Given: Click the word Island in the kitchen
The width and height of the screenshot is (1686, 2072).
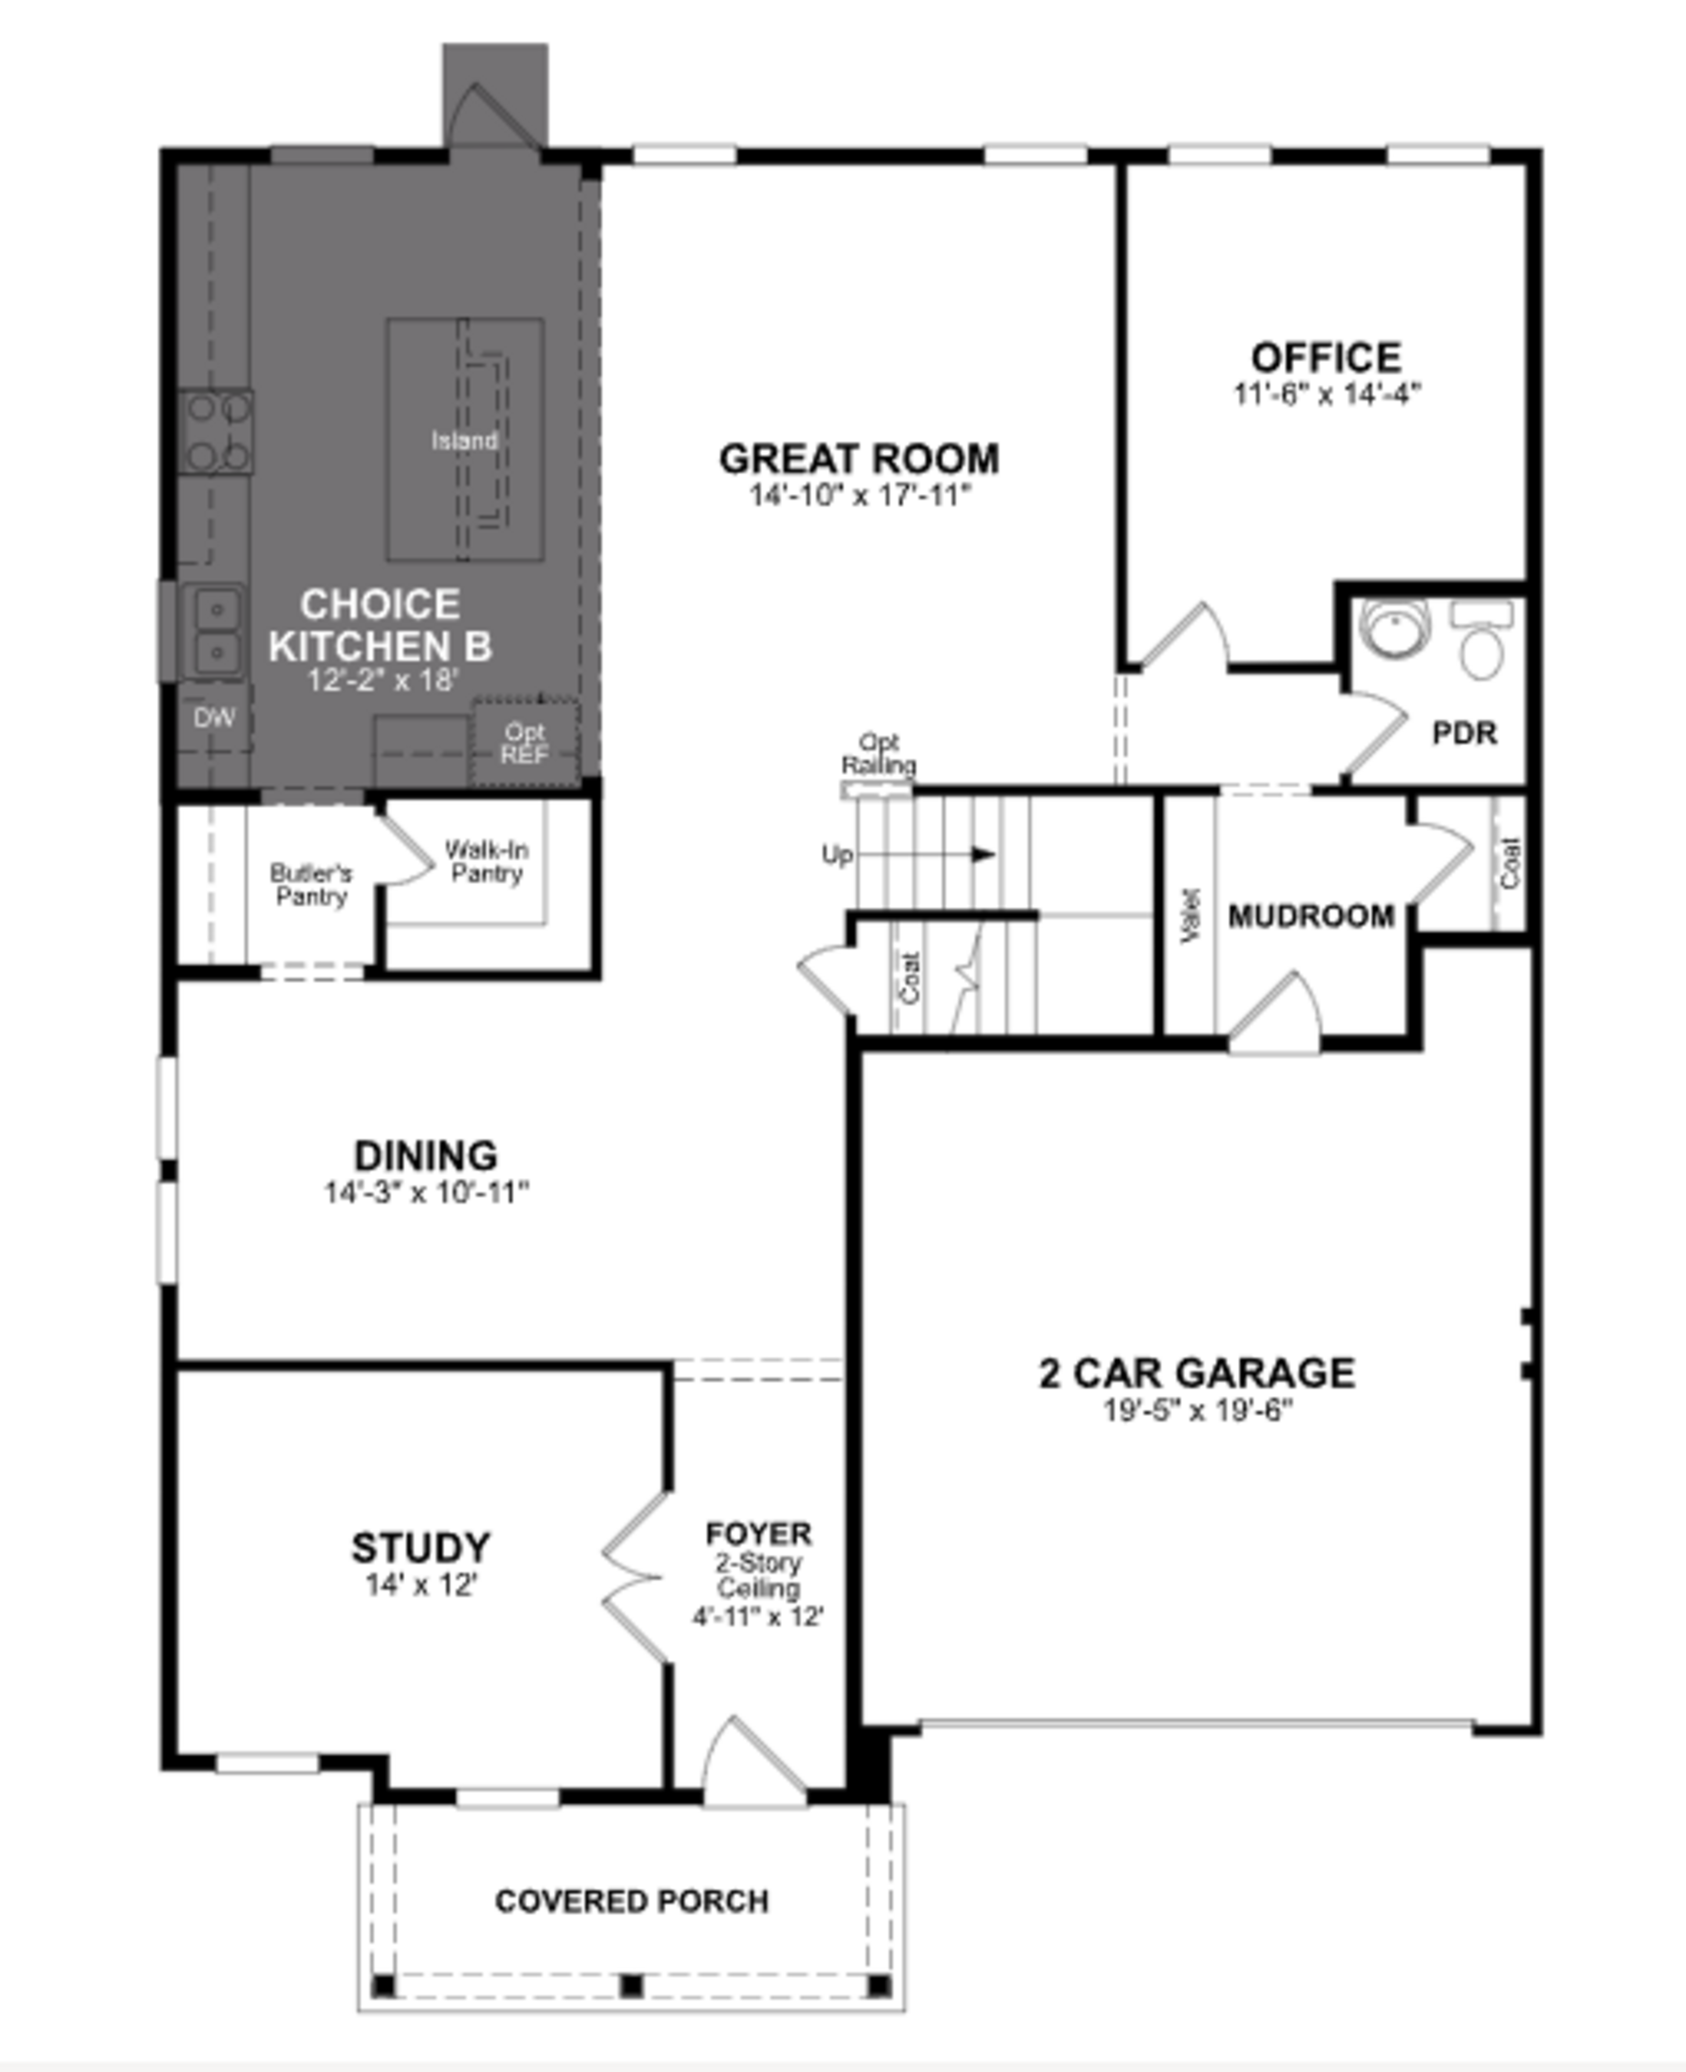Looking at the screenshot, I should coord(464,441).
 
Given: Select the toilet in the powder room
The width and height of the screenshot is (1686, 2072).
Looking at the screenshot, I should coord(1482,643).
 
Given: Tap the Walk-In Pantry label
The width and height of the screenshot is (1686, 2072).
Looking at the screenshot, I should coord(486,861).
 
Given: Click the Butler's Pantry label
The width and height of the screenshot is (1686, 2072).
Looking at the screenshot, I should coord(311,884).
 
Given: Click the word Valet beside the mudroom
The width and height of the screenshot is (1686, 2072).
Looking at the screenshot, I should coord(1191,916).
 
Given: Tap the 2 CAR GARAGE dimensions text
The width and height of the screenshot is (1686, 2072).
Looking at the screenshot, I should coord(1197,1410).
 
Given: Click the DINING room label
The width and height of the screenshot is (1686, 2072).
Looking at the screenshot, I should coord(425,1155).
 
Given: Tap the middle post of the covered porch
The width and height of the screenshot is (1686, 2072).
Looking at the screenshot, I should coord(631,1986).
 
